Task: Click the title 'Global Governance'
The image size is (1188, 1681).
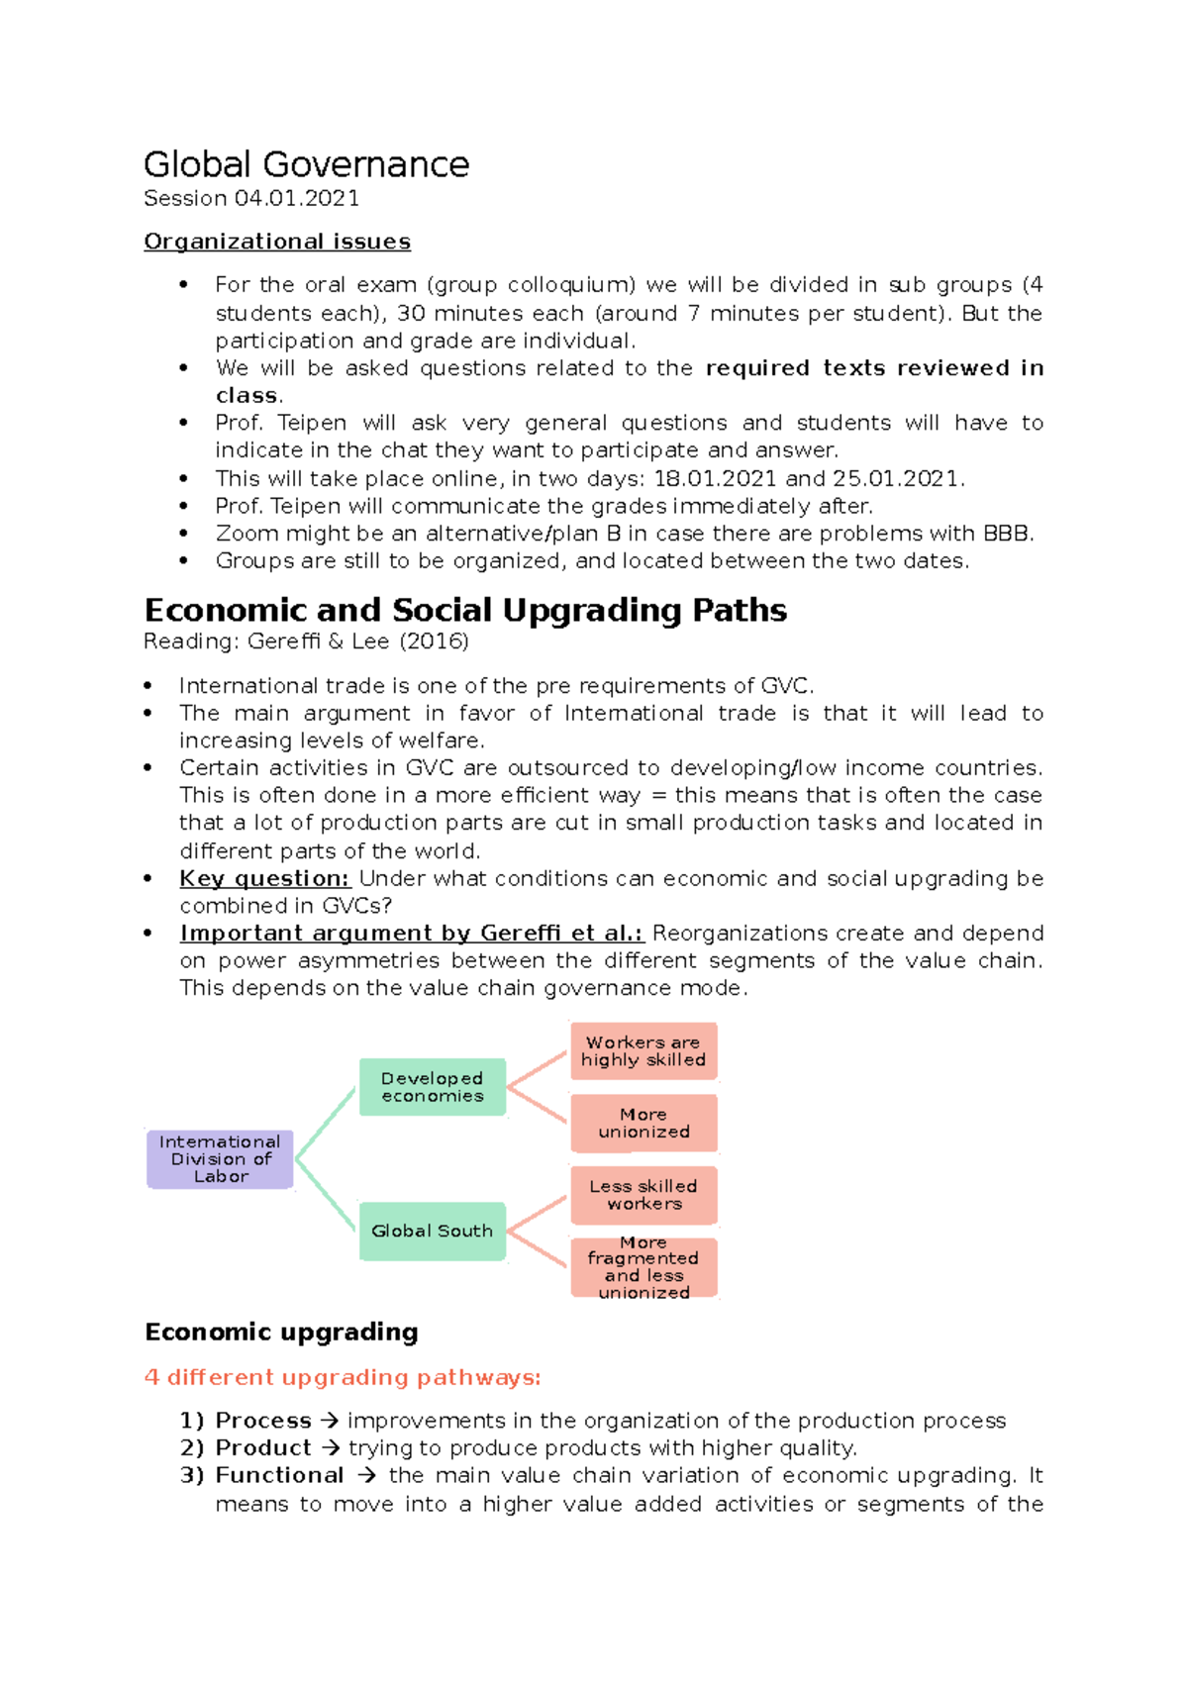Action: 306,164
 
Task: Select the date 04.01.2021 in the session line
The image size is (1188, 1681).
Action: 297,198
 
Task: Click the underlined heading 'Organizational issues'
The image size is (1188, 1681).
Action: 277,242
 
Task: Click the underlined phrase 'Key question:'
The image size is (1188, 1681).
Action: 264,878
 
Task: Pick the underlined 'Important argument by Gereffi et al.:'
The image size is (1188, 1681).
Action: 411,933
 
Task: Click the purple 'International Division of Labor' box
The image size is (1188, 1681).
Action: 220,1158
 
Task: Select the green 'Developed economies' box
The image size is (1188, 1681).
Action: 432,1087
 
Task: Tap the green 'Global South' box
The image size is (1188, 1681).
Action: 432,1231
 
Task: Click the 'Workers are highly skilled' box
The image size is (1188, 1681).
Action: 643,1051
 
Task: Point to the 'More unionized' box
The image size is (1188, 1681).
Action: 643,1123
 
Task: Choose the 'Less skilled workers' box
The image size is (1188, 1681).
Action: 643,1195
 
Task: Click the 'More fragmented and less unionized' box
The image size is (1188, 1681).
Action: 643,1267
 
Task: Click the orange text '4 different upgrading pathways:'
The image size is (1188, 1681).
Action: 343,1377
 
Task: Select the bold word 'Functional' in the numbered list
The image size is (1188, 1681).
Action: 279,1475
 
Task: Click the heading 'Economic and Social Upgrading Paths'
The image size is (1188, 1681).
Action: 465,610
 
